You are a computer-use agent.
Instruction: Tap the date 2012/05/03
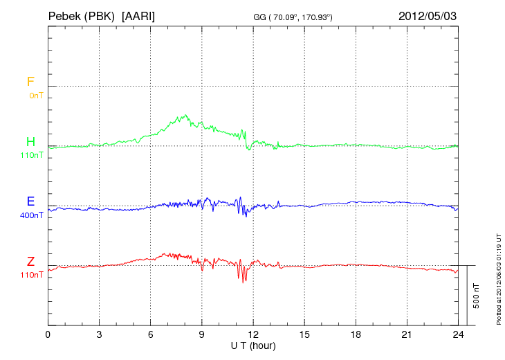427,15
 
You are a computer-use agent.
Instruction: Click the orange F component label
30,82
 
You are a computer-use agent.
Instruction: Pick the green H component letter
30,142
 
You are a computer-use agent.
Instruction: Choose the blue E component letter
30,201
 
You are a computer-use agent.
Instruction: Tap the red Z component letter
30,261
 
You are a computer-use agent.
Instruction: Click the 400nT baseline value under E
32,215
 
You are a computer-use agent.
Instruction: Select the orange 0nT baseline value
35,96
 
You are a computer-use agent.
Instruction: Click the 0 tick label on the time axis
48,334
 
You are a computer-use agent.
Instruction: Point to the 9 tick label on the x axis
201,334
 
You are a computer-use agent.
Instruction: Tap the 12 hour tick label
253,334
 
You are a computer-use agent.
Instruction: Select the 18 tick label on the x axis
356,334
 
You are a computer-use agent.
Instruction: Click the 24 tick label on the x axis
458,334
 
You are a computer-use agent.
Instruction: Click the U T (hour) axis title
252,345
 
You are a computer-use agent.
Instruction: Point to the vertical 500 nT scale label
477,295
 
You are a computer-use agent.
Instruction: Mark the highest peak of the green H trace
185,115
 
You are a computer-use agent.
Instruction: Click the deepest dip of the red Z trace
243,282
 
